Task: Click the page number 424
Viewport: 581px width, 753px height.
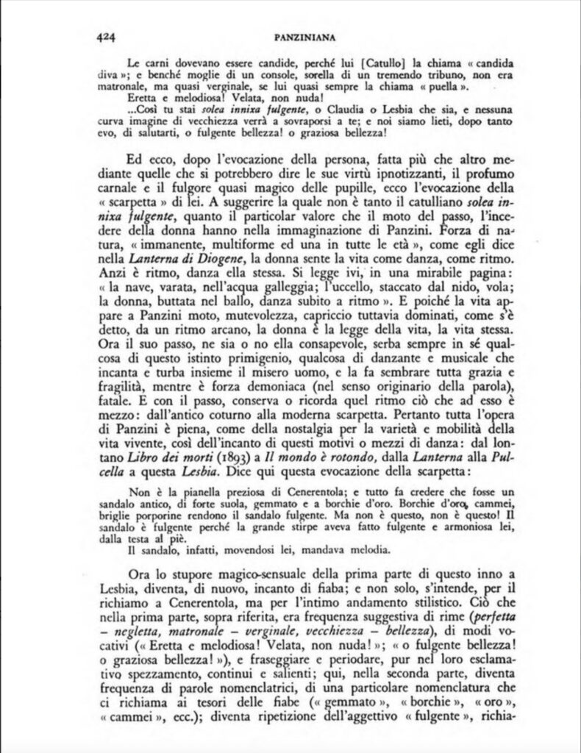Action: [108, 34]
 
